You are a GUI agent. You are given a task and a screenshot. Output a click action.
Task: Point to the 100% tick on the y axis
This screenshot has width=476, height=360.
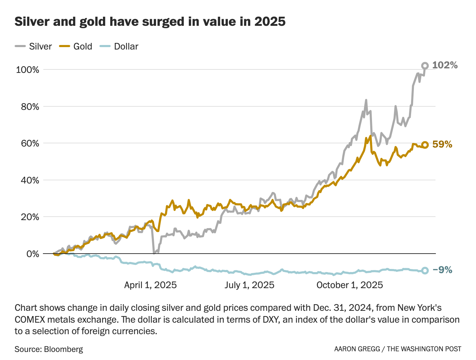point(28,70)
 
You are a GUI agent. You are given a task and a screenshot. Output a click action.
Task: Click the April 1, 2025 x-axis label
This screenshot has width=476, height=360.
point(150,285)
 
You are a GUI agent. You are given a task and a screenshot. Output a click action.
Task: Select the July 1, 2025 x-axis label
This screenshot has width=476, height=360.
point(249,285)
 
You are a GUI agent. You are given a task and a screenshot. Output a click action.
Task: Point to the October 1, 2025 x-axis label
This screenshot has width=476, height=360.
point(349,285)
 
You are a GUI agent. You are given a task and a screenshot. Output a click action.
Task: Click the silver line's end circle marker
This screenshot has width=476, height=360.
point(425,66)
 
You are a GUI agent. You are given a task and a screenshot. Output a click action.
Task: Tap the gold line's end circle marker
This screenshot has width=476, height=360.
point(425,145)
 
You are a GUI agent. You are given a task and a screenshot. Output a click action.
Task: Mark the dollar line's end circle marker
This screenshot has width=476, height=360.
point(425,270)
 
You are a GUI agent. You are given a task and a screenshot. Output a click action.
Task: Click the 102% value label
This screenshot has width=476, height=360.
point(445,65)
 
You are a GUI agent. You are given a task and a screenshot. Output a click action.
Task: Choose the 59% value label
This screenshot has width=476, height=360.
point(442,144)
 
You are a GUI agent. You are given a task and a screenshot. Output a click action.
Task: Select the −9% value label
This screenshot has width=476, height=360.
point(442,270)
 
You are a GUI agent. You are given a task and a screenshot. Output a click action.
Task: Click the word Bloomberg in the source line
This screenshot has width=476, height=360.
point(64,349)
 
